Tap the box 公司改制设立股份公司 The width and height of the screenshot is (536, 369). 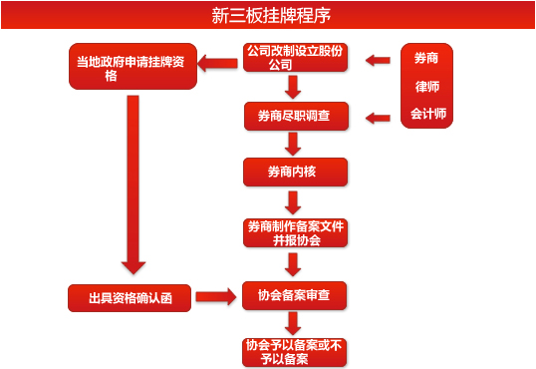[x=294, y=58]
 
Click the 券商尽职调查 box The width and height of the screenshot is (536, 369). [x=294, y=117]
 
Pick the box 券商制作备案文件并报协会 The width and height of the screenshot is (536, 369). [x=295, y=232]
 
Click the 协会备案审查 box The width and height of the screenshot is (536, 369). [x=294, y=296]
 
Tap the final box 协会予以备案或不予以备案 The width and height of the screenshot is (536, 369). [x=295, y=352]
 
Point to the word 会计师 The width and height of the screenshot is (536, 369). [x=427, y=115]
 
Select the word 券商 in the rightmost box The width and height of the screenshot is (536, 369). [x=427, y=59]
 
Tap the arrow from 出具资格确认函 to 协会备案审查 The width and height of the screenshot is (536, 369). [x=215, y=296]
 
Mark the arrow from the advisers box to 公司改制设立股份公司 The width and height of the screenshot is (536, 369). [x=378, y=61]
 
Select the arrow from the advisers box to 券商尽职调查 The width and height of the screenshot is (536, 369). [x=378, y=118]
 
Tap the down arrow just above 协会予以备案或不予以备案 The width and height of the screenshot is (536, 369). [x=293, y=323]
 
